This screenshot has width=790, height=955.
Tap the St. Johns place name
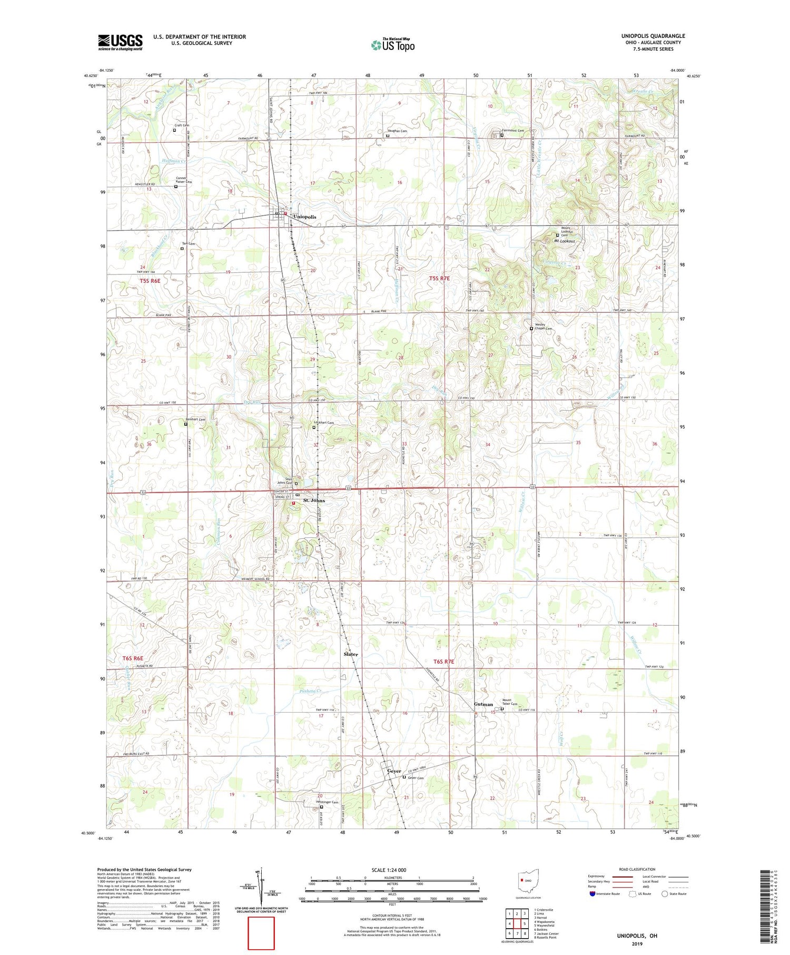(313, 500)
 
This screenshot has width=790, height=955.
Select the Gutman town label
(483, 704)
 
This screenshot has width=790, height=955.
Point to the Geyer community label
(394, 771)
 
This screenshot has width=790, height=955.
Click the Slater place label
(351, 654)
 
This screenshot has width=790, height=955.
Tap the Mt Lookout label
(564, 241)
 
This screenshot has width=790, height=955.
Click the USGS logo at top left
(120, 42)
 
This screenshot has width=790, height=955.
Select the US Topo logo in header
(392, 45)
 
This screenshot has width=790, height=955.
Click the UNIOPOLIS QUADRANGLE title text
(653, 36)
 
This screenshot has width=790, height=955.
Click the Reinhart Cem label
(195, 419)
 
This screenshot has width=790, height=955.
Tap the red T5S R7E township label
(439, 278)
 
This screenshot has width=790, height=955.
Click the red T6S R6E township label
(133, 658)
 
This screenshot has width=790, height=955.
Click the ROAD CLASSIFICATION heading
(637, 869)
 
